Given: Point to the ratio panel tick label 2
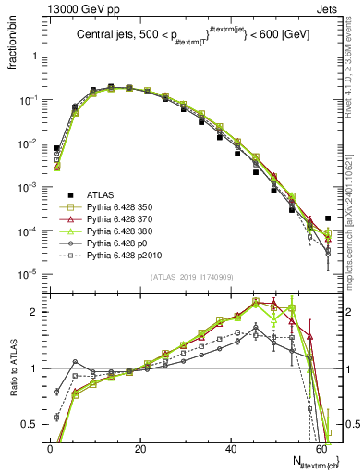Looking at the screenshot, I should coord(35,312).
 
